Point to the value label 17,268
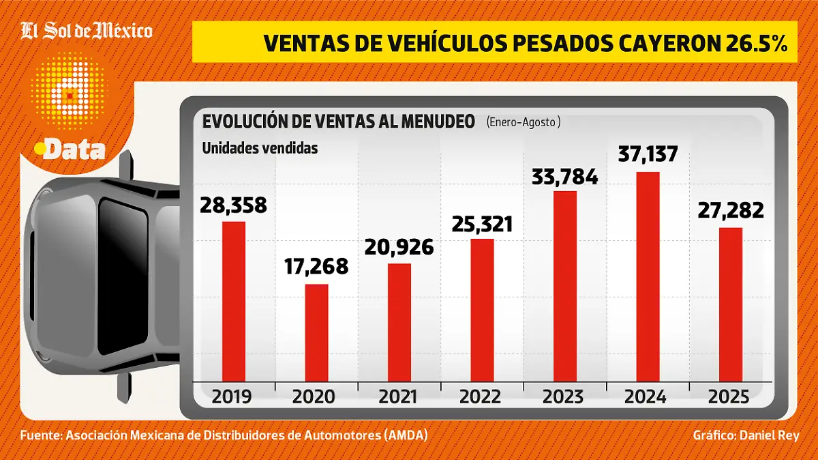(x=316, y=266)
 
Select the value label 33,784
(x=565, y=177)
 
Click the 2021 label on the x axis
(x=399, y=397)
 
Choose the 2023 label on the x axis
(x=564, y=397)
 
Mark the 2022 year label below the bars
(x=481, y=397)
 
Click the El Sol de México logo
(x=87, y=31)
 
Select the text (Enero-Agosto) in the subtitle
(x=523, y=122)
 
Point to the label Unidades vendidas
(x=260, y=148)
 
